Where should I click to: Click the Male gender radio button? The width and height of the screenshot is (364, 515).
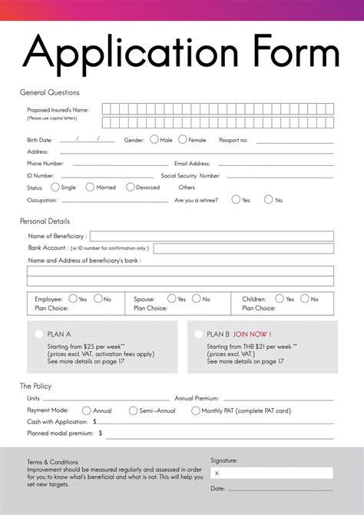(154, 140)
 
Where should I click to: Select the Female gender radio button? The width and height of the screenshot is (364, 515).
(183, 140)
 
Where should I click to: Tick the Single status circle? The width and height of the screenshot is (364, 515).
(55, 187)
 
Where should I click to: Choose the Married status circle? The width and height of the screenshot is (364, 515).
(91, 187)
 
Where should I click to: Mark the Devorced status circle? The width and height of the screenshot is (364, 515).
(131, 187)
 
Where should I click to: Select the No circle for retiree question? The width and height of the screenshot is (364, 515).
(269, 200)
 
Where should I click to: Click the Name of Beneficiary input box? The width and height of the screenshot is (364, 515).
(211, 236)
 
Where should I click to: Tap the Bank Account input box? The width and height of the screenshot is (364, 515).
(243, 248)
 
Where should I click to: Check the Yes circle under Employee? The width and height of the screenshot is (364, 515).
(73, 299)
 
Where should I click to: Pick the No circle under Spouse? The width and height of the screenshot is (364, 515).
(197, 299)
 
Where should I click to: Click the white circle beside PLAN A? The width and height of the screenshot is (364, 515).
(39, 334)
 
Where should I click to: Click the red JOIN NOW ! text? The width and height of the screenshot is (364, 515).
(252, 334)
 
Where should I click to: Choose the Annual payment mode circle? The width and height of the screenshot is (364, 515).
(87, 410)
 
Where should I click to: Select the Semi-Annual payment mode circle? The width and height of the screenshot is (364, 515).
(134, 410)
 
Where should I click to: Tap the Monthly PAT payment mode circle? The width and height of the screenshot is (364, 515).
(196, 410)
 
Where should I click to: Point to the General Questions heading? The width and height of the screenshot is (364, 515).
(49, 92)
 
